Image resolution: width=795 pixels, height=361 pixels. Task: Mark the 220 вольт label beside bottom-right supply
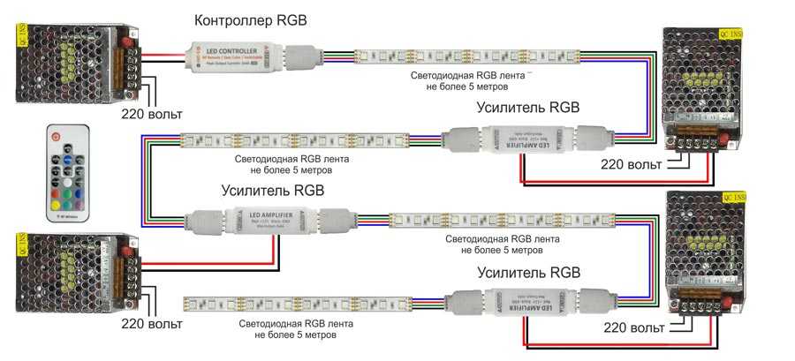(634, 328)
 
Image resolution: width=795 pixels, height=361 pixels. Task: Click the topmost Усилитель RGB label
(527, 108)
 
